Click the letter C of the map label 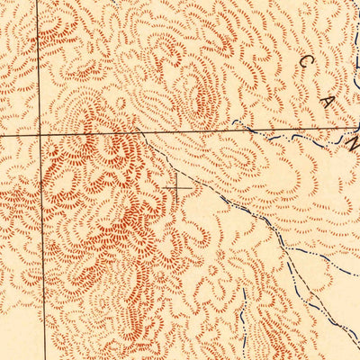[x=307, y=62]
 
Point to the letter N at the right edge [x=354, y=142]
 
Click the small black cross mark [x=180, y=187]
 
